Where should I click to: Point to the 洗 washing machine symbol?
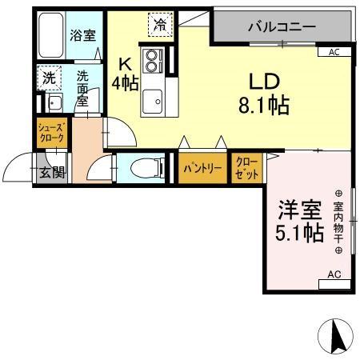point(49,78)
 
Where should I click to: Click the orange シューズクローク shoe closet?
point(50,131)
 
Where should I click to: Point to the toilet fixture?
point(143,169)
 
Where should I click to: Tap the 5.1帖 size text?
point(300,234)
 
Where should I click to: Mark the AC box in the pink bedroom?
point(334,275)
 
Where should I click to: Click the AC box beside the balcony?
point(334,52)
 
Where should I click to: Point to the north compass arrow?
point(336,335)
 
